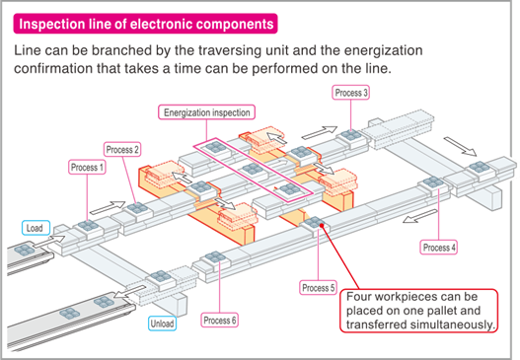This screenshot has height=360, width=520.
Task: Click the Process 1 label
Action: tap(87, 168)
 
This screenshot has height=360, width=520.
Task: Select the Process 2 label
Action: tap(123, 149)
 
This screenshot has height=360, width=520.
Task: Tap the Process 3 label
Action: tap(351, 93)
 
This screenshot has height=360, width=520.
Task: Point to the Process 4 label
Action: tap(438, 247)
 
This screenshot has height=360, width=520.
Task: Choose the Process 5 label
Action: tap(319, 287)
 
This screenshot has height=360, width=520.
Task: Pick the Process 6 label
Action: tap(219, 320)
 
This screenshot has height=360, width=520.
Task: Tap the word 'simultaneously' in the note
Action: tap(453, 324)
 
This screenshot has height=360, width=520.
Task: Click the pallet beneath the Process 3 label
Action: tap(352, 129)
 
